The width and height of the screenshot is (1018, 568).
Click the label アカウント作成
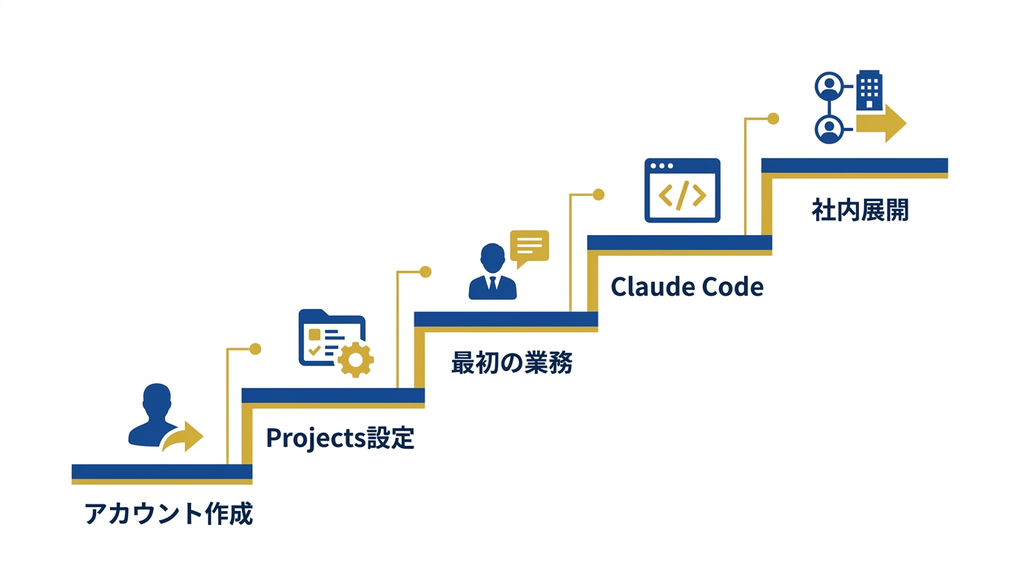click(169, 513)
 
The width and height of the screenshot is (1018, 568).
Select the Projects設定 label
click(340, 438)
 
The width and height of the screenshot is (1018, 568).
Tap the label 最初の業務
click(511, 362)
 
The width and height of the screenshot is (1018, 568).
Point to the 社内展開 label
click(860, 210)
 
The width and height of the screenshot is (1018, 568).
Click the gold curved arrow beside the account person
click(184, 437)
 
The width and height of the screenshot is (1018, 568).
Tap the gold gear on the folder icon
click(356, 359)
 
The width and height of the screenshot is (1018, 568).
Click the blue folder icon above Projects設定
click(326, 337)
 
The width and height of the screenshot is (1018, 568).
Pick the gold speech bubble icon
click(530, 247)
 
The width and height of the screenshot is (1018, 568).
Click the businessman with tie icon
click(492, 271)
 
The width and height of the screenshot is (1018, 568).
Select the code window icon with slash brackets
click(681, 190)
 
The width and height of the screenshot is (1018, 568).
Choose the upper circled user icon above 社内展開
click(829, 86)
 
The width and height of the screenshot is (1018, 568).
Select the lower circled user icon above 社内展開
click(829, 129)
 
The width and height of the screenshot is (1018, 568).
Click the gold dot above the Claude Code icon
click(773, 118)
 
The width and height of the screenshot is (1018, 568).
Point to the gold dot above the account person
click(256, 348)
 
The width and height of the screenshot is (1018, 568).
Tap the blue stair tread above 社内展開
click(854, 165)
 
